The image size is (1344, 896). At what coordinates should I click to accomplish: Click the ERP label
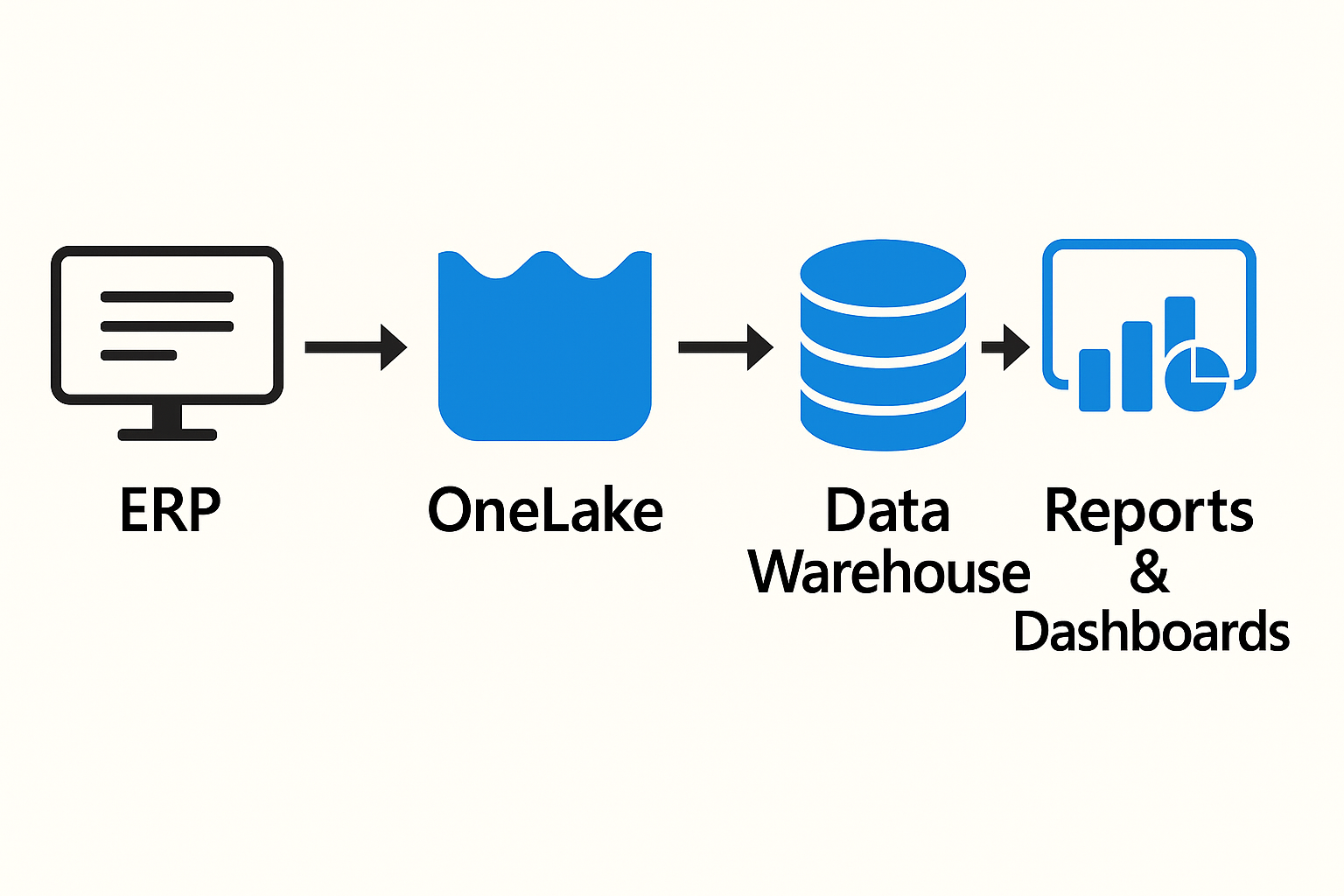pyautogui.click(x=170, y=510)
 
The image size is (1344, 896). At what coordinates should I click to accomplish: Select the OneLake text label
pyautogui.click(x=545, y=510)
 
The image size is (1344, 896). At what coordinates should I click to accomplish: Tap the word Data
pyautogui.click(x=887, y=510)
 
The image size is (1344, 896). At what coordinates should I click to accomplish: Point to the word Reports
pyautogui.click(x=1149, y=511)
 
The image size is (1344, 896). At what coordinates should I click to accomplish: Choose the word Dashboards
pyautogui.click(x=1151, y=632)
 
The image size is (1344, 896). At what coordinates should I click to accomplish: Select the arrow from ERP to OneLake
pyautogui.click(x=355, y=347)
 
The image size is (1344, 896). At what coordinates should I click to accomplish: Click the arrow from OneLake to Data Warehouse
pyautogui.click(x=725, y=347)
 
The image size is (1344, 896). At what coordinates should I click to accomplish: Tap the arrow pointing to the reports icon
pyautogui.click(x=1005, y=347)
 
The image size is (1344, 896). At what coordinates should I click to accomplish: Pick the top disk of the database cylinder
pyautogui.click(x=883, y=274)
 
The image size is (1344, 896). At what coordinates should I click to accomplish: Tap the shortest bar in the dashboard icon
pyautogui.click(x=1094, y=380)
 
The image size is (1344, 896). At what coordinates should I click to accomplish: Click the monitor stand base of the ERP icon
pyautogui.click(x=167, y=434)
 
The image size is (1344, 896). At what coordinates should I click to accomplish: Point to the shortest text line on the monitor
pyautogui.click(x=138, y=355)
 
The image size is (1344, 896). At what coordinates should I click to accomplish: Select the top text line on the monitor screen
pyautogui.click(x=167, y=297)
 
